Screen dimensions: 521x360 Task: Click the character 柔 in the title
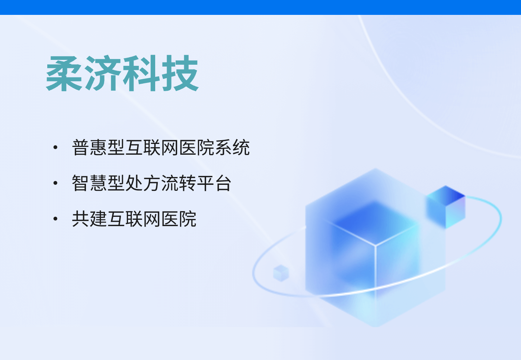(x=64, y=73)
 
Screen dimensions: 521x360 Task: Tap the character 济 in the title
(x=103, y=73)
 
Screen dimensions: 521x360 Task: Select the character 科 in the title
(x=141, y=73)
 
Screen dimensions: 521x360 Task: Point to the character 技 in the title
(x=180, y=73)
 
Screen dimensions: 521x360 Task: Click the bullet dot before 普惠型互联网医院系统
(x=55, y=147)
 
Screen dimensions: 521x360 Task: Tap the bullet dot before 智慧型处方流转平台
(x=55, y=183)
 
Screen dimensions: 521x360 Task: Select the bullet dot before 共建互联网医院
(x=55, y=219)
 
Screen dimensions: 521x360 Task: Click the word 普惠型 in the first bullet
(x=98, y=147)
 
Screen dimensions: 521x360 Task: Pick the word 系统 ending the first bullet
(x=232, y=147)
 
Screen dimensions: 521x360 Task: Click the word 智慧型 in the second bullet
(x=98, y=183)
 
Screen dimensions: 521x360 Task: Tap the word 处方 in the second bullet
(x=143, y=183)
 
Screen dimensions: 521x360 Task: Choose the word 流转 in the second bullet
(x=179, y=183)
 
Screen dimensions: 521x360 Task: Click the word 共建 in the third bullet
(x=89, y=219)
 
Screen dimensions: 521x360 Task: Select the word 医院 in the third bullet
(x=179, y=219)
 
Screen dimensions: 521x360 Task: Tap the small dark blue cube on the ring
(x=446, y=207)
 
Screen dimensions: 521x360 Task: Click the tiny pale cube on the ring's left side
(x=281, y=273)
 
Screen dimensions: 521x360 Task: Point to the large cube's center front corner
(x=375, y=245)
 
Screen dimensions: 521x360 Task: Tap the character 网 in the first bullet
(x=170, y=147)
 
